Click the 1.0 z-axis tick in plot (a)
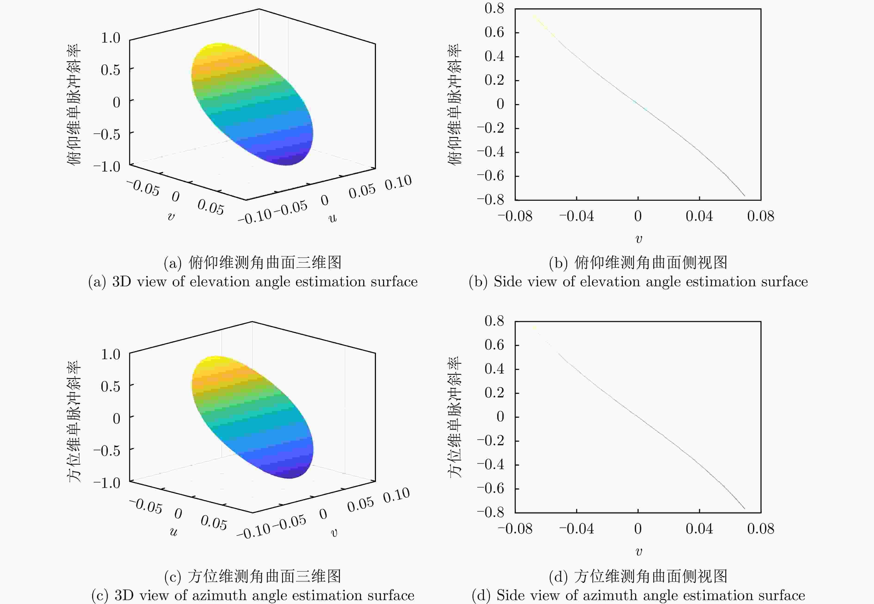tap(110, 38)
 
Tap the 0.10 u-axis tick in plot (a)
tap(398, 182)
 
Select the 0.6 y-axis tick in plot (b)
tap(495, 33)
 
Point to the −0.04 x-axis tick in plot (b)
tap(576, 216)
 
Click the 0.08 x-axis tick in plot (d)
tap(761, 529)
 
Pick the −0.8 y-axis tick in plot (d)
tap(491, 512)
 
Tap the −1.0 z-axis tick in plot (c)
tap(107, 483)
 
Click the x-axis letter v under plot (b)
tap(638, 239)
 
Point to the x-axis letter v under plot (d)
tap(638, 552)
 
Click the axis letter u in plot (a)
tap(332, 218)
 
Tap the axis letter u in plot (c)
tap(173, 532)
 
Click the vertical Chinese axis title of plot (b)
tap(455, 104)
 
